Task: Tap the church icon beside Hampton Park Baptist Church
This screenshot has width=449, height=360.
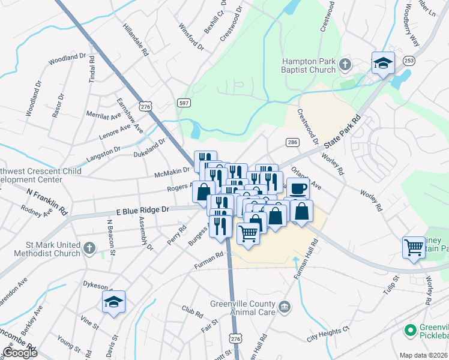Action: [345, 64]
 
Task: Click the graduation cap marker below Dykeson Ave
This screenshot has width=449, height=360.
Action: [113, 302]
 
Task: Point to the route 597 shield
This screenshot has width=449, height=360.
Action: [185, 103]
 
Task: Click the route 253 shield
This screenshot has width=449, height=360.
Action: [409, 61]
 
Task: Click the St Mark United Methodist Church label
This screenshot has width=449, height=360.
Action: [45, 248]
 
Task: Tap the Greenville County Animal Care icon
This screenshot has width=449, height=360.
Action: [285, 308]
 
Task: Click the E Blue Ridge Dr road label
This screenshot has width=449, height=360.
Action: [142, 210]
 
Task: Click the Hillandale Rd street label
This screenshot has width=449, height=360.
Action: [135, 40]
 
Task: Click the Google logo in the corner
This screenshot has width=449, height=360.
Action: [20, 352]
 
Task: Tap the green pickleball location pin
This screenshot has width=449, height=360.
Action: [411, 331]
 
